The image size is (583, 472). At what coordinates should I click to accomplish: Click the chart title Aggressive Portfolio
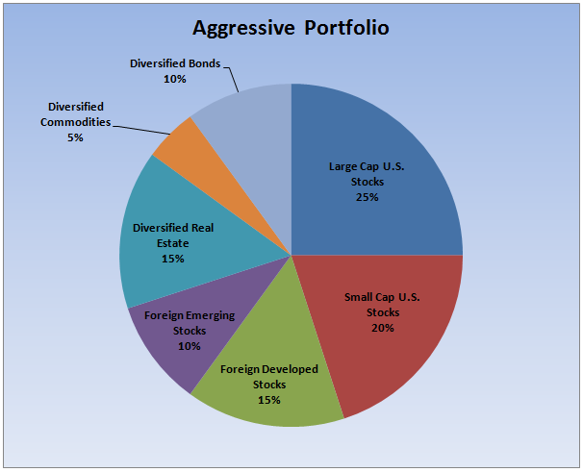[x=291, y=27]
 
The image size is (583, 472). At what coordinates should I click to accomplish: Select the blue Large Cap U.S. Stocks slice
[x=385, y=144]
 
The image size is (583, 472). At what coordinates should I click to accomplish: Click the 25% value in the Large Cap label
[x=367, y=197]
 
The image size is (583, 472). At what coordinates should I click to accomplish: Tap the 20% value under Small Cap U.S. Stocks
[x=383, y=328]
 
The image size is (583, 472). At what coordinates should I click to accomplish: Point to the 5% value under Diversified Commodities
[x=75, y=137]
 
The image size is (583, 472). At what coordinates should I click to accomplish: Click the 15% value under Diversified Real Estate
[x=173, y=259]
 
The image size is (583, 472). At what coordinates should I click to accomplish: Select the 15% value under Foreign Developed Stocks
[x=268, y=399]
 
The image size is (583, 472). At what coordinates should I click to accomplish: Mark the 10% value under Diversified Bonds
[x=175, y=80]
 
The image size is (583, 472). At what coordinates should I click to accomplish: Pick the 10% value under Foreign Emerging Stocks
[x=189, y=346]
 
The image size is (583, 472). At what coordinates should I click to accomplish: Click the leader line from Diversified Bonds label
[x=232, y=77]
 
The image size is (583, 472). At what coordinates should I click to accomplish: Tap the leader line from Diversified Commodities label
[x=139, y=128]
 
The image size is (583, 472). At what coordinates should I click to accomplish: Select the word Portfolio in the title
[x=346, y=27]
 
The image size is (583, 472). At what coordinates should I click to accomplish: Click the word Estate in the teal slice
[x=173, y=243]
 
